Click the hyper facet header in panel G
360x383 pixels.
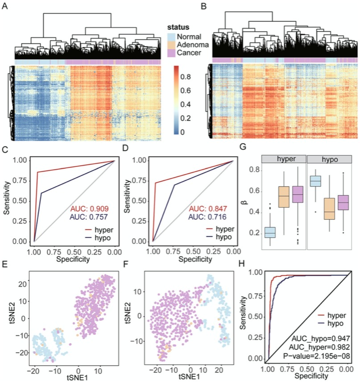tap(283, 158)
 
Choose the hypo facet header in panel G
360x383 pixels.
tap(330, 158)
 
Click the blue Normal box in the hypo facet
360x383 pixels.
tap(316, 181)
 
